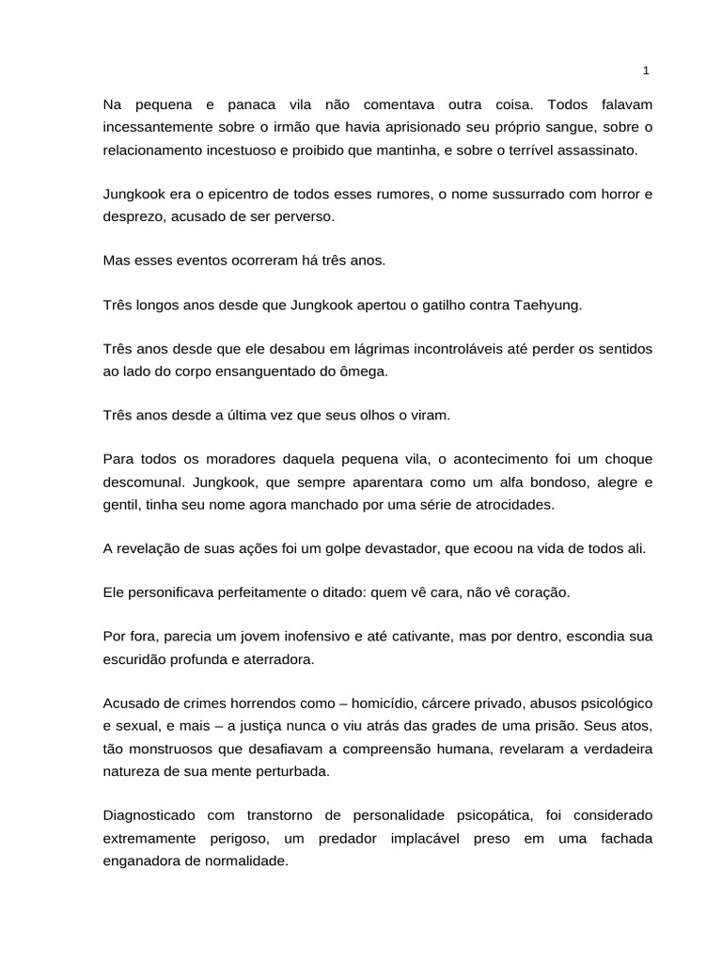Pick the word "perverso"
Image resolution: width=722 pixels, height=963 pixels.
tap(305, 217)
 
